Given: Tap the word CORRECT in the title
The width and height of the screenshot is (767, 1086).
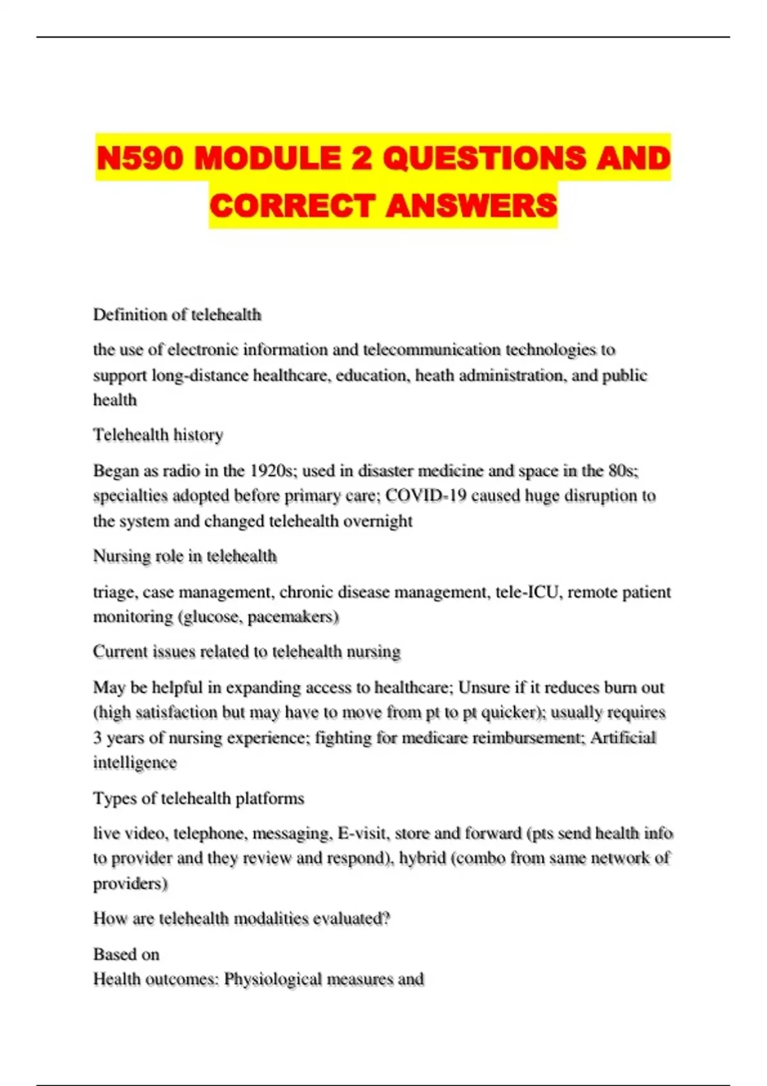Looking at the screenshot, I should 291,206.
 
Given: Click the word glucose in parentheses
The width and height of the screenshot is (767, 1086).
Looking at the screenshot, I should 211,617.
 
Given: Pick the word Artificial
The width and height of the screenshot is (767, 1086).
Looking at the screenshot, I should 623,738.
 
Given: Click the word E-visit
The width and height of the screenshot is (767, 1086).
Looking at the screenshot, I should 363,834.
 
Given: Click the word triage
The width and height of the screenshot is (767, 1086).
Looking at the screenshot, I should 114,592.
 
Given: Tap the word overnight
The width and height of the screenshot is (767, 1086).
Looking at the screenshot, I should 378,521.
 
